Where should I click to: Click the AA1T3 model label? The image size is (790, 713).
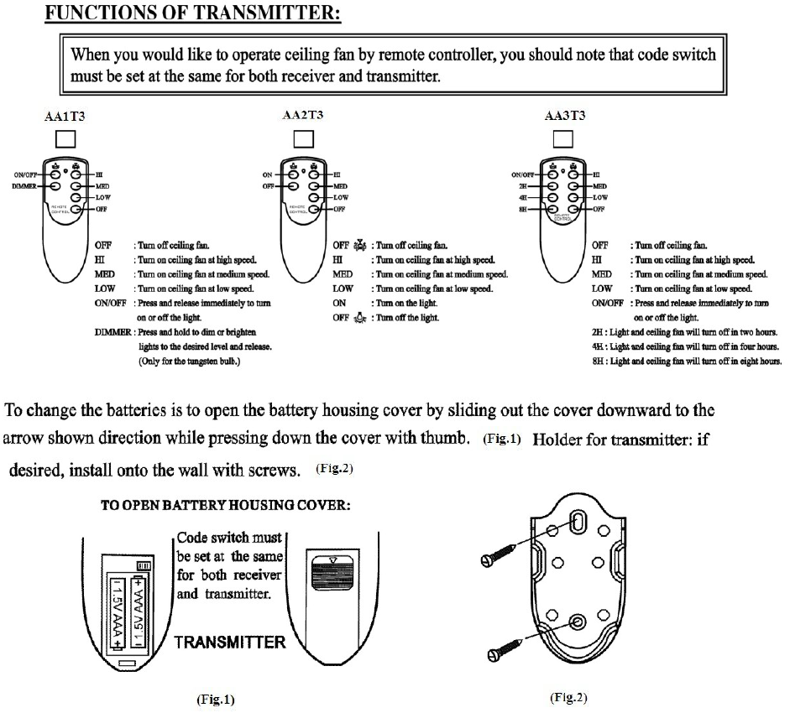65,118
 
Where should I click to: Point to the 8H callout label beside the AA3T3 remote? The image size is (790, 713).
524,209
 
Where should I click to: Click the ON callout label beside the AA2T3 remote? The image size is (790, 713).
268,174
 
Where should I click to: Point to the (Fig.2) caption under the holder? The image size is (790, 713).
568,697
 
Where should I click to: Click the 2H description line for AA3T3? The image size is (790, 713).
685,332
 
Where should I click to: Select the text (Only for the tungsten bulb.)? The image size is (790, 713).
195,362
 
